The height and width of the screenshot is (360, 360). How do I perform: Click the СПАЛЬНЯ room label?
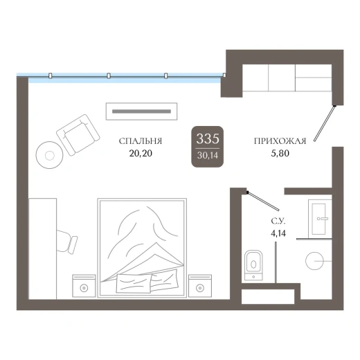[141, 141]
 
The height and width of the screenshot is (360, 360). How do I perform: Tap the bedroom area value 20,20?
[141, 153]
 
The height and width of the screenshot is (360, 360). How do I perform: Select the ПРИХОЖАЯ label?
[280, 141]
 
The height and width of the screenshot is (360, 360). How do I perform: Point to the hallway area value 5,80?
[280, 153]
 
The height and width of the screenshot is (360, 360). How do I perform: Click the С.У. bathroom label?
[278, 222]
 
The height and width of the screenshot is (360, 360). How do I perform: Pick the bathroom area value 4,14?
[278, 233]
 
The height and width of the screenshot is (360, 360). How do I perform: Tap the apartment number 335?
[208, 138]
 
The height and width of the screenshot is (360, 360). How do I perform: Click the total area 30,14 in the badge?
[208, 155]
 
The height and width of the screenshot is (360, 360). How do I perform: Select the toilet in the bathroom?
[253, 265]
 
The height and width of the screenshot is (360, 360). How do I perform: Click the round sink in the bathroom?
[314, 261]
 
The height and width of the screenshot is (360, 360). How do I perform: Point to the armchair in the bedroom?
[78, 134]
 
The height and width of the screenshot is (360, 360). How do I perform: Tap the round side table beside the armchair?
[49, 155]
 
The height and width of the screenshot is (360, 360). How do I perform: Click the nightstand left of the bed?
[84, 286]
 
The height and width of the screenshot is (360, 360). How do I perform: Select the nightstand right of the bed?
[200, 286]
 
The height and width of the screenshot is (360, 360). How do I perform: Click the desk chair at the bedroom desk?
[67, 242]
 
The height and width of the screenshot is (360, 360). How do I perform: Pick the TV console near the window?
[141, 111]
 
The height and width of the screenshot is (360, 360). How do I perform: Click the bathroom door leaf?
[262, 201]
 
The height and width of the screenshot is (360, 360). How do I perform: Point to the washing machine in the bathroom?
[320, 219]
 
